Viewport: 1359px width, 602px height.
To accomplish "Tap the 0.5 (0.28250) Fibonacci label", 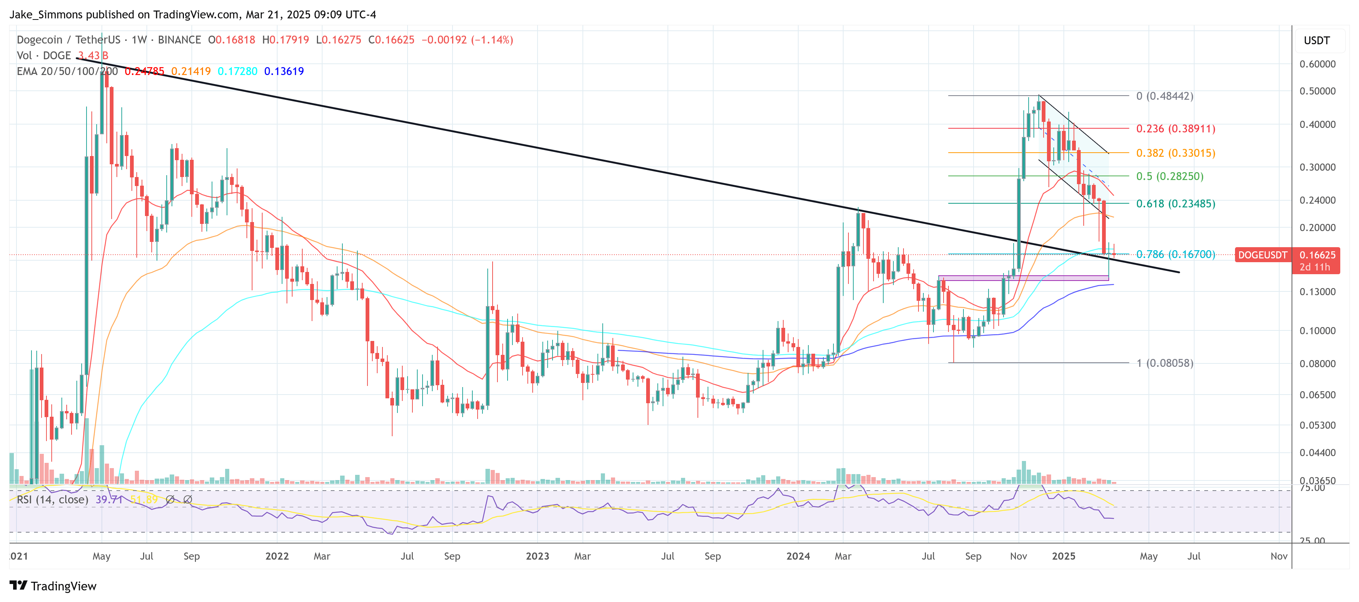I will (1169, 176).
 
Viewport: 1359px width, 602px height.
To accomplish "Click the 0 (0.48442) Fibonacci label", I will (1164, 96).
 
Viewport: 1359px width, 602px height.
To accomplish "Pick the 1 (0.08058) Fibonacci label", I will (1164, 363).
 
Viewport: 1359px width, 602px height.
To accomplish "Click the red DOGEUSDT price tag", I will (1262, 255).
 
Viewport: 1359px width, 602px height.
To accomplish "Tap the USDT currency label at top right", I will (1316, 41).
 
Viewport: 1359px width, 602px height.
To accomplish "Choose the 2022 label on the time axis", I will (277, 557).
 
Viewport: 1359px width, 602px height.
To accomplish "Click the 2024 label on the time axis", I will (797, 557).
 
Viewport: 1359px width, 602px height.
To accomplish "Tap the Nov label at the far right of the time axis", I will (1278, 557).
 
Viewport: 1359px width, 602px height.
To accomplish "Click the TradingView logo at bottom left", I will (53, 586).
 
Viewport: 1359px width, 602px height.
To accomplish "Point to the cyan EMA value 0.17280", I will (237, 71).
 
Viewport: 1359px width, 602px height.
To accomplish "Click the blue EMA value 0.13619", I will (284, 71).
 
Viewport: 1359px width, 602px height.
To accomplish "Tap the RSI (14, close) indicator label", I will (52, 500).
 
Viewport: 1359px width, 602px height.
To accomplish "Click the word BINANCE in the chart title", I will (179, 40).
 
